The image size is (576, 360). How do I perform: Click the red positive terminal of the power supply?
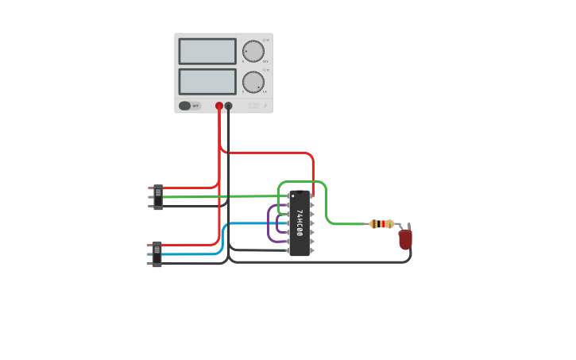click(219, 106)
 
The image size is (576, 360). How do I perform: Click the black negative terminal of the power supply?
click(228, 106)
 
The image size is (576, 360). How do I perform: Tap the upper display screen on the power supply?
click(207, 52)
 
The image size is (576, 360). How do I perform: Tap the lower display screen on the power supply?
click(207, 82)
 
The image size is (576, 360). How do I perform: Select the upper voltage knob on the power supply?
click(253, 52)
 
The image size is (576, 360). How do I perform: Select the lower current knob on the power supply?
click(253, 82)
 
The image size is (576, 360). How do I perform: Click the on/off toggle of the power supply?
click(185, 106)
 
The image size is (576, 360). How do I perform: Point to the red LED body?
click(405, 239)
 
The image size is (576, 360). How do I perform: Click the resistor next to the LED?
click(381, 224)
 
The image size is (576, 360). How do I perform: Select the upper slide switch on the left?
click(158, 196)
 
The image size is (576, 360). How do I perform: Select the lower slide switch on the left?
click(157, 254)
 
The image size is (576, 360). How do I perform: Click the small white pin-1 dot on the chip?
click(293, 195)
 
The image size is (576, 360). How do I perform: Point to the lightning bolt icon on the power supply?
click(265, 105)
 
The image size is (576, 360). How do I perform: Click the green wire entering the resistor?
click(350, 224)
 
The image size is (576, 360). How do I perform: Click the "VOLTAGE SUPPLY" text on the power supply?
click(253, 105)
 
